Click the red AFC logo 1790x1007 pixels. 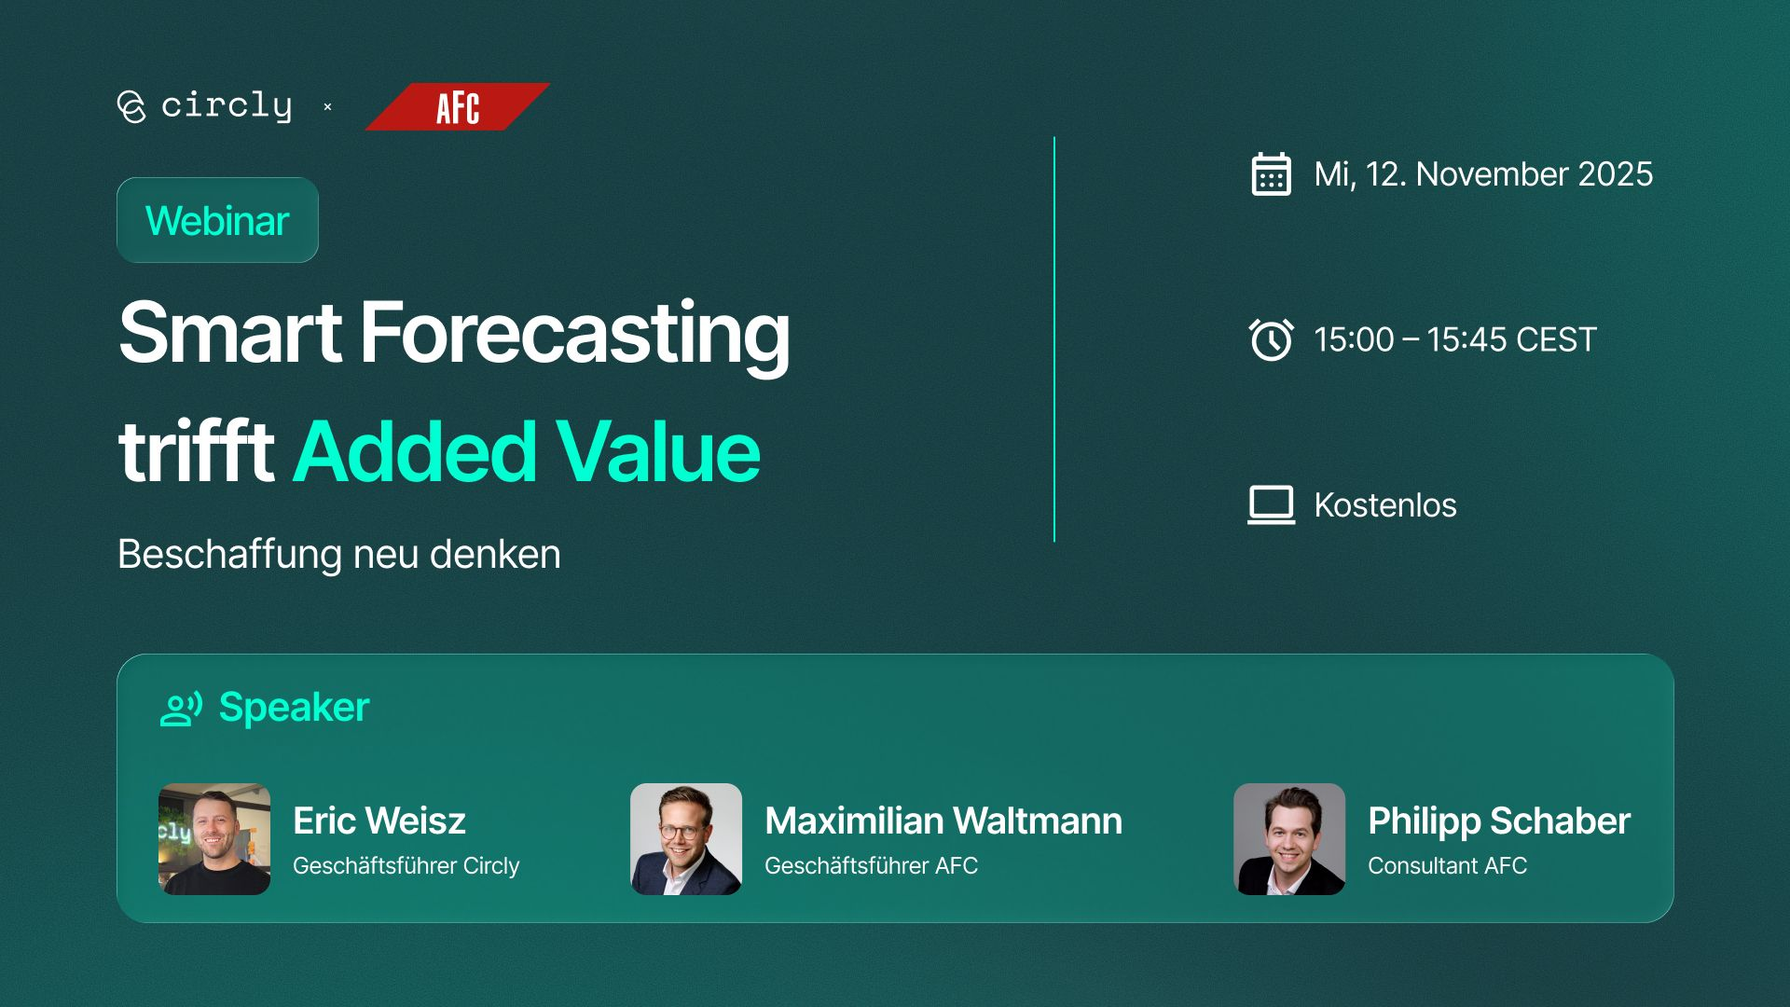pyautogui.click(x=457, y=107)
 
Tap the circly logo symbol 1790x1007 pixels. pyautogui.click(x=131, y=106)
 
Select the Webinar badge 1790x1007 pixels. pyautogui.click(x=217, y=220)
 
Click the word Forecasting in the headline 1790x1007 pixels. pyautogui.click(x=575, y=334)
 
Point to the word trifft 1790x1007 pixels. pyautogui.click(x=197, y=452)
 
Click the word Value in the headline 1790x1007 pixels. pyautogui.click(x=658, y=452)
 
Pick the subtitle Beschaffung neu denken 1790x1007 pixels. pyautogui.click(x=339, y=554)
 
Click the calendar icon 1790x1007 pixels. pyautogui.click(x=1271, y=174)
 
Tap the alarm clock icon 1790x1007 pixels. pyautogui.click(x=1271, y=339)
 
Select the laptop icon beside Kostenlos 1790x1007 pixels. pyautogui.click(x=1272, y=505)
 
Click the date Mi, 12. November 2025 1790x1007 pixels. pyautogui.click(x=1483, y=174)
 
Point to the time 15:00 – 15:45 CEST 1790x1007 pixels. pyautogui.click(x=1455, y=339)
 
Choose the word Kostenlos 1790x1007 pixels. pyautogui.click(x=1385, y=505)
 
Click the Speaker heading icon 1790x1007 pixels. pyautogui.click(x=181, y=709)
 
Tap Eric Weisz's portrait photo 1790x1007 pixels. pyautogui.click(x=214, y=839)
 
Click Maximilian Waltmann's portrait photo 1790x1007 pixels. pyautogui.click(x=686, y=839)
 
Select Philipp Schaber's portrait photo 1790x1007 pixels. pyautogui.click(x=1289, y=839)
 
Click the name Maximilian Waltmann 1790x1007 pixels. pyautogui.click(x=943, y=821)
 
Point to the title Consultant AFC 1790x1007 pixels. pyautogui.click(x=1447, y=865)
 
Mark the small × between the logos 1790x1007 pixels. pyautogui.click(x=327, y=107)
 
